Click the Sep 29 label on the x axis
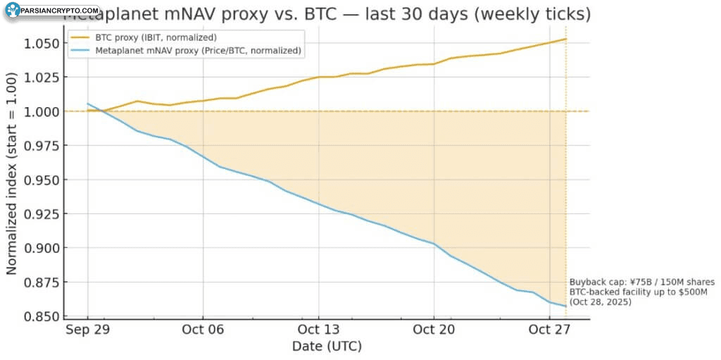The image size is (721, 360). click(87, 330)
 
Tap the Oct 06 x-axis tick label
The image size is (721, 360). click(203, 330)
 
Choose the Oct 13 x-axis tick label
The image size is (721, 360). click(318, 330)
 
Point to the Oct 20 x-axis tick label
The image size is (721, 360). click(434, 330)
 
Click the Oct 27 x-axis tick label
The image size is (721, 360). click(549, 330)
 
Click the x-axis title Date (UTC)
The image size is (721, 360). click(327, 347)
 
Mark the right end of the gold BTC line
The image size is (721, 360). click(566, 39)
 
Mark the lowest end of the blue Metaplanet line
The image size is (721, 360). click(566, 306)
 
